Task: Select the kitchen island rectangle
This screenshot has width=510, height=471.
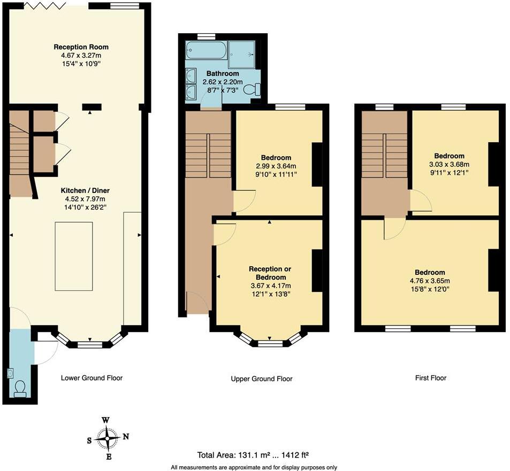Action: coord(74,257)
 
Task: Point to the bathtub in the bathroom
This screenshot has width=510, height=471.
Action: coord(205,51)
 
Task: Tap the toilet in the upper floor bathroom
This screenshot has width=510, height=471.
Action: coord(252,89)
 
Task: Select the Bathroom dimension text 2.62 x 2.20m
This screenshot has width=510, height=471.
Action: coord(222,82)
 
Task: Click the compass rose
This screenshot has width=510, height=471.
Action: coord(108,438)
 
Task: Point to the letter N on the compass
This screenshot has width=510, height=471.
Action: coord(126,436)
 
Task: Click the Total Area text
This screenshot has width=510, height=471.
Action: coord(254,455)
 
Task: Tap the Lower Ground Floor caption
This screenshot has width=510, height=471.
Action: coord(92,378)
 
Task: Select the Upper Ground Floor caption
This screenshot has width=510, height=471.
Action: coord(261,379)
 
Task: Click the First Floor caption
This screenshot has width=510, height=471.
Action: coord(430,378)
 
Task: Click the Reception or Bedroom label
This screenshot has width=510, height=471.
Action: coord(270,273)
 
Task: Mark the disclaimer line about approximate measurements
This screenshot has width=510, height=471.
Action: coord(254,467)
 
